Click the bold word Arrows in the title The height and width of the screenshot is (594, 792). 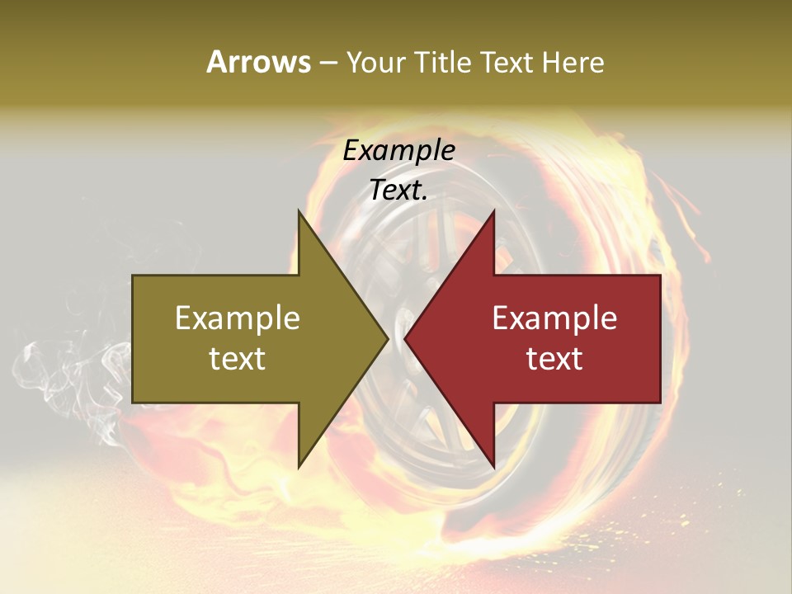click(x=258, y=62)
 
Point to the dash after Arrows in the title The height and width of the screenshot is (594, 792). click(x=328, y=64)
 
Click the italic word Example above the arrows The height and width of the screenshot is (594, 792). click(x=398, y=151)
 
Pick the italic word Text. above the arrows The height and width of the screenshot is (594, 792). click(x=398, y=191)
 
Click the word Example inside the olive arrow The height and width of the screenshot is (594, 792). click(x=238, y=318)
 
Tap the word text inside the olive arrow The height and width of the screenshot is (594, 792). click(x=238, y=359)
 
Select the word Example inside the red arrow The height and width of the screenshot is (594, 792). click(x=554, y=318)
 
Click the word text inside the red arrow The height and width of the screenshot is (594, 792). click(x=554, y=359)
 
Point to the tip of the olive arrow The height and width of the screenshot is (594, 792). click(x=388, y=338)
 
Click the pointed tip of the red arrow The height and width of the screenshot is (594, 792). click(x=405, y=338)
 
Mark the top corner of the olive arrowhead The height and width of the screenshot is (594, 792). click(x=299, y=210)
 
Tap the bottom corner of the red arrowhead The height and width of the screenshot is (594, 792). click(x=493, y=467)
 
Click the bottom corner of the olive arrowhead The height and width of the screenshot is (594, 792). click(x=299, y=467)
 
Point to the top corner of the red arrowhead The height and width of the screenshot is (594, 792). click(x=493, y=210)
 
